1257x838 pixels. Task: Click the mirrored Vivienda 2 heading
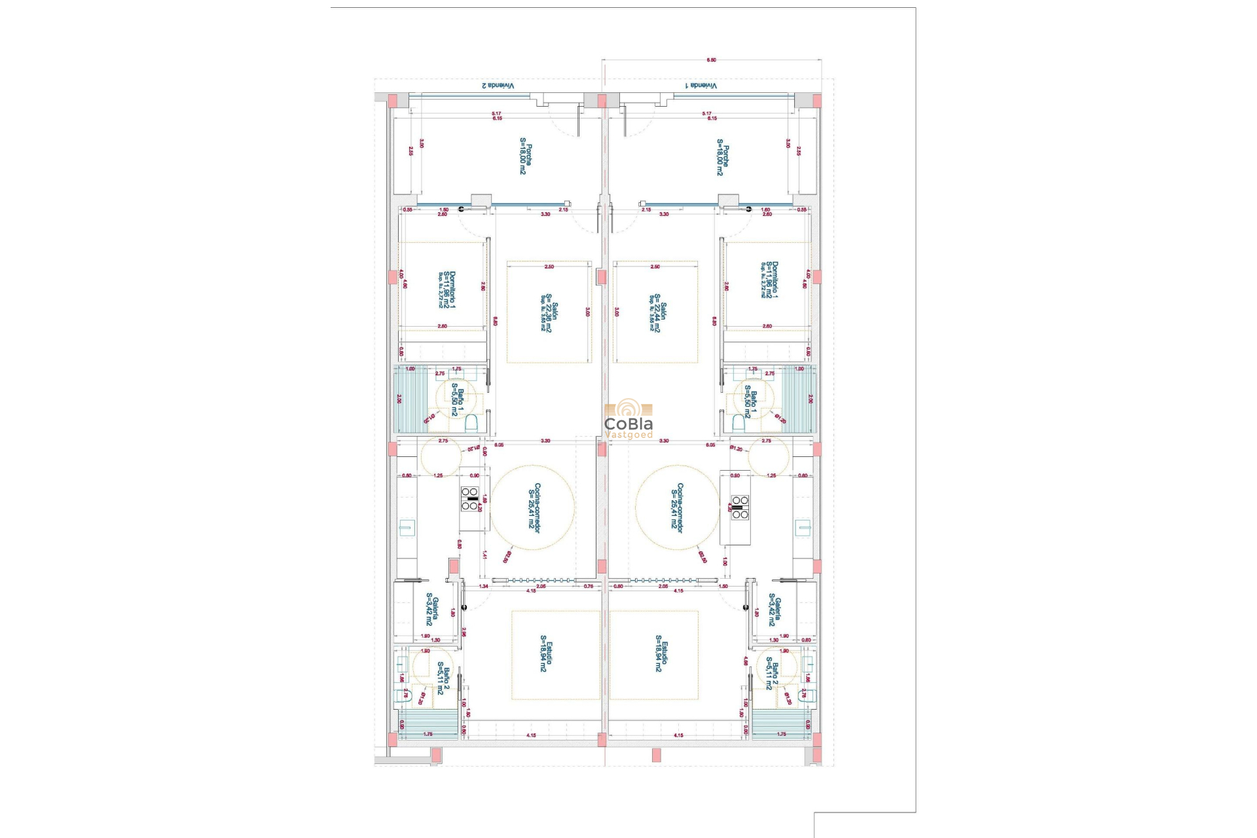pos(498,86)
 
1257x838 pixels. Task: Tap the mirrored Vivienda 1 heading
pos(701,86)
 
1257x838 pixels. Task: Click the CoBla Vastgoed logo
pos(628,419)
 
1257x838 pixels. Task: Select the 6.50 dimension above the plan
pos(711,60)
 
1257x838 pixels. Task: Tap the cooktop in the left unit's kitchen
pos(469,499)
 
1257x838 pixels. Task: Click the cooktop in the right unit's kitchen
pos(740,507)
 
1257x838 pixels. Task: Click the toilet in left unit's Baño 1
pos(471,424)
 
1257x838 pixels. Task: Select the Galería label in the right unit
pos(774,610)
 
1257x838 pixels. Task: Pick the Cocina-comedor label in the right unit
pos(677,508)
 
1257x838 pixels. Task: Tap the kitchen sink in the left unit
pos(407,527)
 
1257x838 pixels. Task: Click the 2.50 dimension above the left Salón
pos(549,267)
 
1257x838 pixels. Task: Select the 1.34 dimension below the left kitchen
pos(483,587)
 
